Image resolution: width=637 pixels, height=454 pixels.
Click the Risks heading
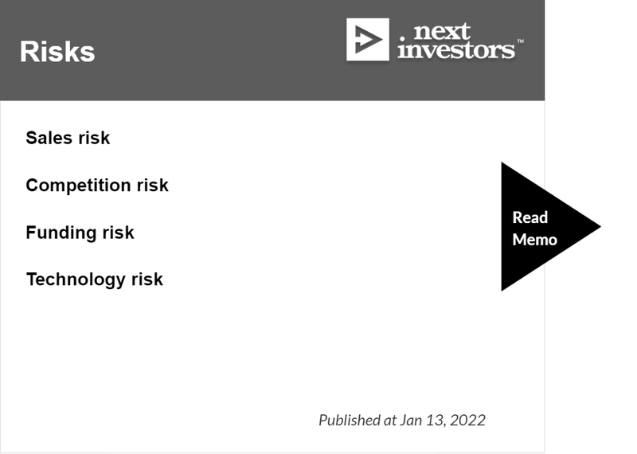pos(57,52)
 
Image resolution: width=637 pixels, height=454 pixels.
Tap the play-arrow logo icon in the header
pos(368,39)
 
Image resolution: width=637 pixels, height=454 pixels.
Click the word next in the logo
pos(442,32)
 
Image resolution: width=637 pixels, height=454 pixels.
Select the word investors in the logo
pos(456,50)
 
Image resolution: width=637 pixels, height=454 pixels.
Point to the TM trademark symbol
pos(520,41)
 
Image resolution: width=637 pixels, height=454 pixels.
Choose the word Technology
pos(76,280)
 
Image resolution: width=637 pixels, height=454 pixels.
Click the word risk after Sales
pos(94,138)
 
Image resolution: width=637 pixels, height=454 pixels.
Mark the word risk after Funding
pos(118,233)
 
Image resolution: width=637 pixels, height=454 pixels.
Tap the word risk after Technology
pos(147,280)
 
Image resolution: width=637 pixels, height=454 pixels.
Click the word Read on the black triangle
pos(530,217)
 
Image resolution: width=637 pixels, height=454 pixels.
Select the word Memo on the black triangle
pos(534,240)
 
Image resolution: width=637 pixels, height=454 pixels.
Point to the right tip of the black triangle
pos(601,226)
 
